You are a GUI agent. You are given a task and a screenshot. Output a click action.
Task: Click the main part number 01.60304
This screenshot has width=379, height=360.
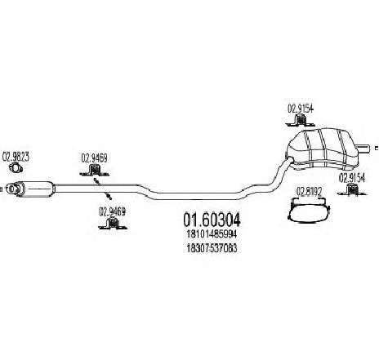212,220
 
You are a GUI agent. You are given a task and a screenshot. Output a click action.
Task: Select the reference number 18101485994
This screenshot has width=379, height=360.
212,234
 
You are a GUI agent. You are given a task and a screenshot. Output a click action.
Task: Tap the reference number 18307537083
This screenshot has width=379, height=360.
212,248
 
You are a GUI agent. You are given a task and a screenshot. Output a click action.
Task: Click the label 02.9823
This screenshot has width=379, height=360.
16,157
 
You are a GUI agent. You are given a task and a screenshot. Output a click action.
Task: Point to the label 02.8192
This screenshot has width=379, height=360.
309,192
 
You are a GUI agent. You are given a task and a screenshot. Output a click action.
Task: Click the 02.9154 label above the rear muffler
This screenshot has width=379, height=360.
301,109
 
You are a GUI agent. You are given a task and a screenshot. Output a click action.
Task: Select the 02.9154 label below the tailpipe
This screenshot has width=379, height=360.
352,178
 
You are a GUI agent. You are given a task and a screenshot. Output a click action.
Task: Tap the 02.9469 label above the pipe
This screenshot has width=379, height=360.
94,158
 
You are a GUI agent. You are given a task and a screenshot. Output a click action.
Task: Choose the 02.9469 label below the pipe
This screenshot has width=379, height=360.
112,211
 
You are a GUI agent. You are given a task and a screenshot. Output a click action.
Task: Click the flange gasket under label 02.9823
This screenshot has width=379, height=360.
16,167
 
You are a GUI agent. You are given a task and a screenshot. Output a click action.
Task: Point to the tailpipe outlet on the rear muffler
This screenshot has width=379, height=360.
363,149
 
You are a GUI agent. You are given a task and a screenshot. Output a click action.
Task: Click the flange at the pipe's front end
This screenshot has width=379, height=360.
13,189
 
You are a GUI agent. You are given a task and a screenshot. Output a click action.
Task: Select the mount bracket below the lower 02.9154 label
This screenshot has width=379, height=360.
352,189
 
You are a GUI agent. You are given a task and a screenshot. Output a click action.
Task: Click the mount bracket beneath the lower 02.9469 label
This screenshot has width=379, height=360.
112,223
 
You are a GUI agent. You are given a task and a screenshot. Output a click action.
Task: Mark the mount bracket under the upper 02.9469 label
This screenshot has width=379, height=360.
94,170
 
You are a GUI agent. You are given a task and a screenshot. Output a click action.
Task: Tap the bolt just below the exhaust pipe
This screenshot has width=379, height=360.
109,196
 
